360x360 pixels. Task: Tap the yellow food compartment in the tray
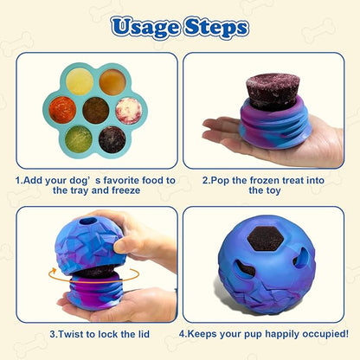(80, 81)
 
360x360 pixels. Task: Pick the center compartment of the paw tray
(95, 110)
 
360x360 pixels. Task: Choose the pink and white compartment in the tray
(128, 110)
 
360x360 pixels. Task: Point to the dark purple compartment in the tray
(112, 138)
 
